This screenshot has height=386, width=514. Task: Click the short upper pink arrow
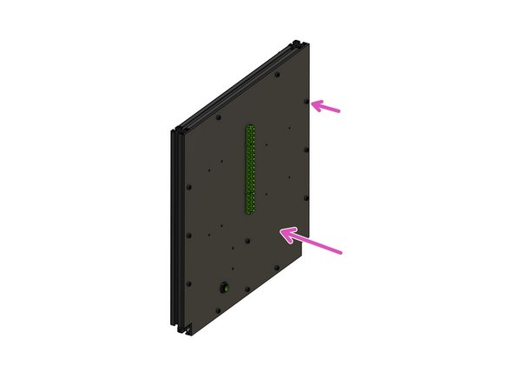click(x=327, y=107)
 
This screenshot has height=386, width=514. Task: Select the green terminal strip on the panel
click(x=251, y=170)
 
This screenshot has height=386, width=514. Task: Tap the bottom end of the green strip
click(x=250, y=210)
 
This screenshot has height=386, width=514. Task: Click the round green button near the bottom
click(x=223, y=286)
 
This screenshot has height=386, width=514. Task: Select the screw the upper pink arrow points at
click(x=306, y=102)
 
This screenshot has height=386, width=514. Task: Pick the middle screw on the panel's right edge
click(x=306, y=149)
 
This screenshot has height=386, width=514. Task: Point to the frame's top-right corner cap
click(x=297, y=43)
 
